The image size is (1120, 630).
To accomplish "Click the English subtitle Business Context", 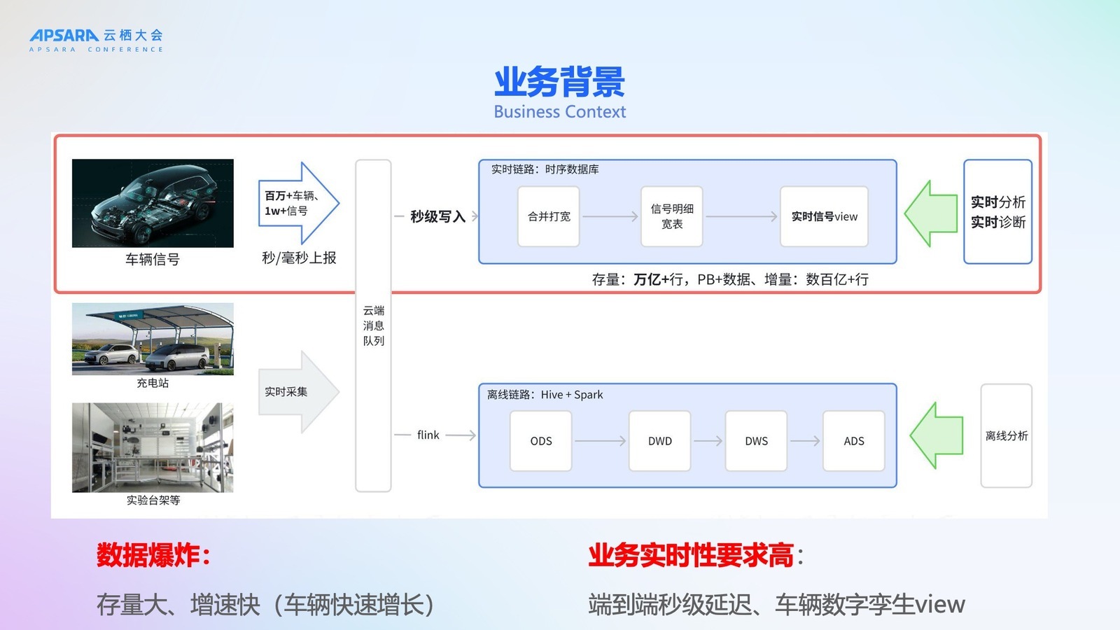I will click(x=559, y=112).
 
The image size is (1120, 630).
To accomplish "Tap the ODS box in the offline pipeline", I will click(x=541, y=441).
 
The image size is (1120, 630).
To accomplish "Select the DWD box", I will click(x=659, y=441).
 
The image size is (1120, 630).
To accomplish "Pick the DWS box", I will click(x=756, y=441).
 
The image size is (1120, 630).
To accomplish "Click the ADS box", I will click(x=853, y=441).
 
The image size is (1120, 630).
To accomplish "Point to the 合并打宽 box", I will click(x=549, y=216).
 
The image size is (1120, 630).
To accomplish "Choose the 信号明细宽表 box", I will click(x=672, y=216).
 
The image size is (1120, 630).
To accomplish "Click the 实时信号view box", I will click(x=824, y=216).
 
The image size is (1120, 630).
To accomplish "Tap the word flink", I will click(x=428, y=435).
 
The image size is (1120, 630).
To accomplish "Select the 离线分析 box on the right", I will click(x=1006, y=435).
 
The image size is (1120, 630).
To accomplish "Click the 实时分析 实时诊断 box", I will click(x=997, y=211).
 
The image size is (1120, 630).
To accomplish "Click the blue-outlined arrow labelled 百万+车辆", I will click(x=297, y=203).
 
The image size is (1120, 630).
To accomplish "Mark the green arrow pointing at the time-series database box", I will click(x=931, y=213).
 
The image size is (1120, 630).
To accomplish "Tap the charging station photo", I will click(x=153, y=339).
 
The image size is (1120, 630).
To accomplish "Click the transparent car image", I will click(x=153, y=203).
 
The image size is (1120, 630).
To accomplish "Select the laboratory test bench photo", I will click(x=153, y=447).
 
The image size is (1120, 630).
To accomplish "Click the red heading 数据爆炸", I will click(x=153, y=555).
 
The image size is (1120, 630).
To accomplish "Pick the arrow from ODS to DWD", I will click(x=600, y=441).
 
